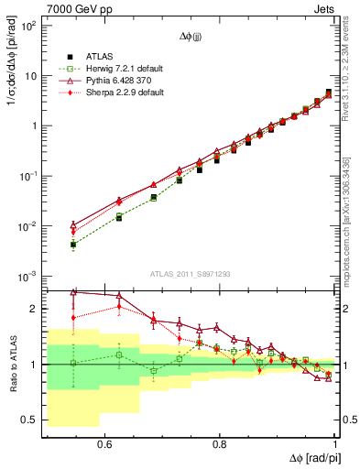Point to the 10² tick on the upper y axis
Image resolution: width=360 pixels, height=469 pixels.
coord(29,25)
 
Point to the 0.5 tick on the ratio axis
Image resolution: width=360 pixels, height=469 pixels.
coord(32,420)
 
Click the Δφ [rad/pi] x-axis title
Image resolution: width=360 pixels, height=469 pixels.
coord(308,457)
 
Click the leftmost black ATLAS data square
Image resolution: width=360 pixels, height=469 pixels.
coord(73,245)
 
